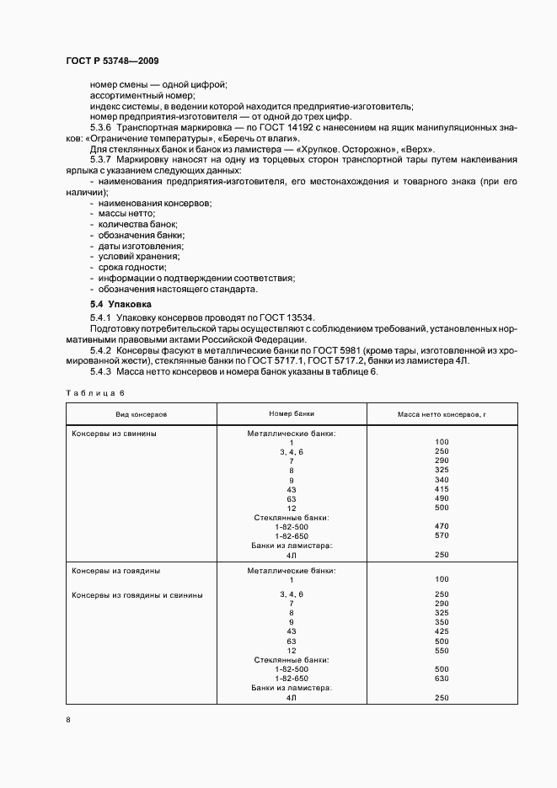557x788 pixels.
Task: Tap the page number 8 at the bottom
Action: [x=68, y=719]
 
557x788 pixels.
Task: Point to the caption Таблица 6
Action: [x=94, y=392]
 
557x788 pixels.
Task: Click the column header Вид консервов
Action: [x=142, y=414]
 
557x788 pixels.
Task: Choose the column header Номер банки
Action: [x=292, y=414]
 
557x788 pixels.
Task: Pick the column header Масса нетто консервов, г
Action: [x=442, y=414]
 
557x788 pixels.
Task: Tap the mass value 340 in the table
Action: [x=442, y=480]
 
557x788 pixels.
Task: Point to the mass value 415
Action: [x=442, y=489]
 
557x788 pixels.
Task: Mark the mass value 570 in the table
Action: [x=442, y=535]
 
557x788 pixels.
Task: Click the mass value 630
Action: [x=442, y=678]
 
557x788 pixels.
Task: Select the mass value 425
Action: [x=442, y=631]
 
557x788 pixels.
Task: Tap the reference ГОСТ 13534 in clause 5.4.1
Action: [x=286, y=317]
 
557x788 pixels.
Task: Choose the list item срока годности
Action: [x=131, y=267]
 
